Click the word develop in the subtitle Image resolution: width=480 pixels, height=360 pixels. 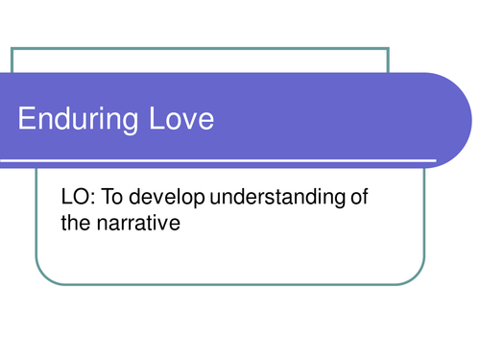click(156, 199)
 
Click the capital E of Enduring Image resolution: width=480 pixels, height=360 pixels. click(27, 120)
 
